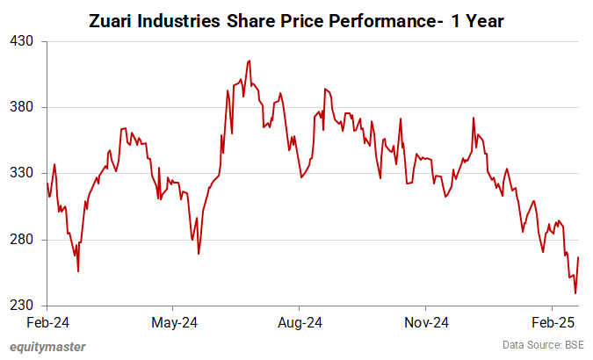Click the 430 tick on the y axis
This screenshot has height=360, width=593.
coord(22,41)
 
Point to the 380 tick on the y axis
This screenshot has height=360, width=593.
coord(22,107)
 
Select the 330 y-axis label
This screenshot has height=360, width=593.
coord(22,174)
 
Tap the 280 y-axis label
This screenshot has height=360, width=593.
coord(22,240)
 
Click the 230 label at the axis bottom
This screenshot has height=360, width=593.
coord(22,306)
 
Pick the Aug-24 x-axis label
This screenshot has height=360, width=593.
coord(300,321)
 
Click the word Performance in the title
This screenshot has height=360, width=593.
coord(387,18)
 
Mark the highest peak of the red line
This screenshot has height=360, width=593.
coord(249,61)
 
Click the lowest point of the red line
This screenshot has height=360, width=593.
coord(575,293)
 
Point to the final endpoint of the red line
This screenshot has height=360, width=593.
coord(579,257)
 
